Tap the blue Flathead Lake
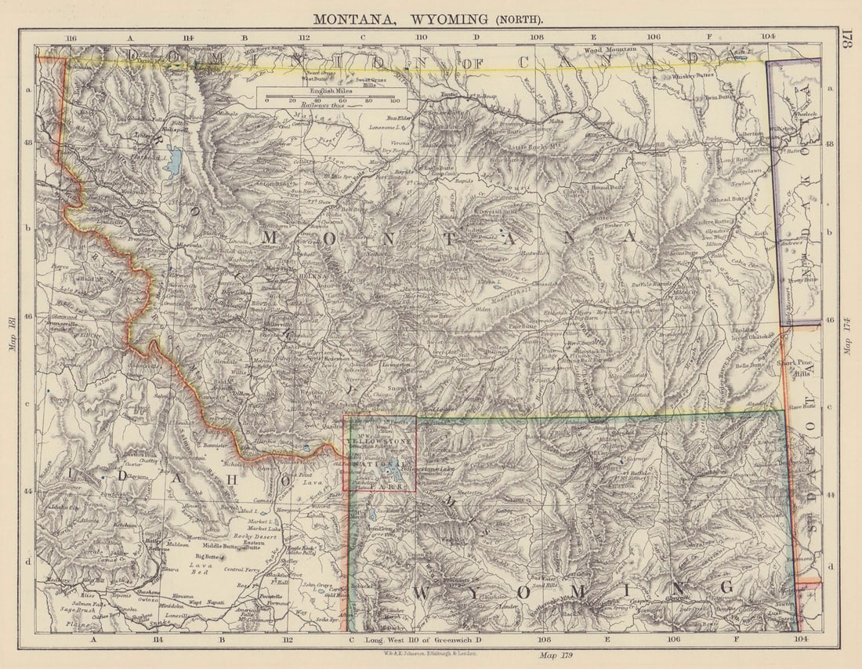[173, 161]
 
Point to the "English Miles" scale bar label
[331, 91]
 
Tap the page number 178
[845, 39]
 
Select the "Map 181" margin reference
[13, 333]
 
